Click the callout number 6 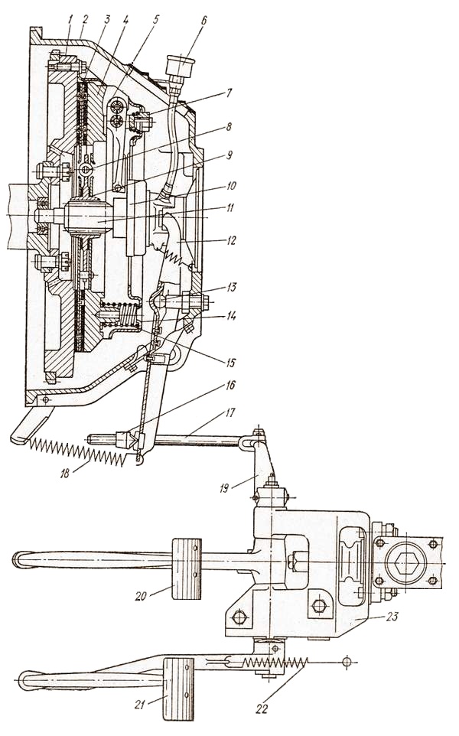[x=204, y=21]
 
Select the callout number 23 [x=392, y=616]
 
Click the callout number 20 [x=141, y=596]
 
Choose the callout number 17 [x=230, y=412]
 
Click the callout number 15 [x=230, y=363]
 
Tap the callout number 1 [x=70, y=20]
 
